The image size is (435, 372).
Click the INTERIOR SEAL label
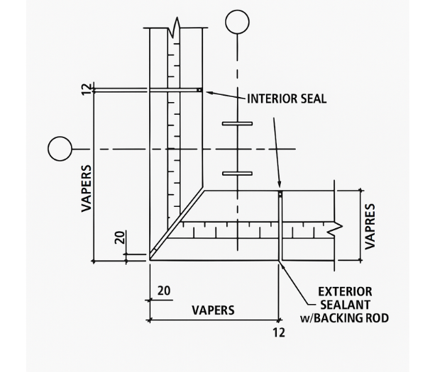tap(287, 98)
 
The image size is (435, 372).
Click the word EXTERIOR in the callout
tap(345, 292)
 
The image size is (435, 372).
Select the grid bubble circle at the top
tap(237, 22)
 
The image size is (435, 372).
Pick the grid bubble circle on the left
tap(60, 149)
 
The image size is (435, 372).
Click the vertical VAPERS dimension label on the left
tap(87, 188)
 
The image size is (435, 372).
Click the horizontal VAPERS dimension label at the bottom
tap(213, 310)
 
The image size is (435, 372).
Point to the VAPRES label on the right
tap(370, 226)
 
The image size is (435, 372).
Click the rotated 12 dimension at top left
tap(87, 89)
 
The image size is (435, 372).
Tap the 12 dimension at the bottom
tap(279, 332)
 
